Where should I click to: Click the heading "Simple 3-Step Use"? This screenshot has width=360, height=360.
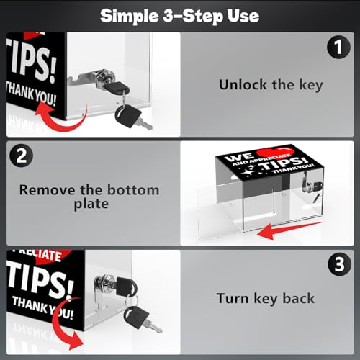point(179,16)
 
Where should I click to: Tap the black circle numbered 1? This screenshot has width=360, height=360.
point(338,47)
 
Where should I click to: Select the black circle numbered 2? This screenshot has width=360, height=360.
point(22,156)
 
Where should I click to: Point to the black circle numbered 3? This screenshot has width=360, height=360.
point(339,264)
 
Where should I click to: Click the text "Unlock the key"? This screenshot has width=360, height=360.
point(271,85)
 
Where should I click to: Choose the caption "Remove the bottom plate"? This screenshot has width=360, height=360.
point(89,197)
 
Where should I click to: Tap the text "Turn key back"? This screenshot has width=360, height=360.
point(266,299)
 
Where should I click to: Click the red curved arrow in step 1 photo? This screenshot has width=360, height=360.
point(63,122)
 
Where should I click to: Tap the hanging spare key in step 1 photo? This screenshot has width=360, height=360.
point(131,117)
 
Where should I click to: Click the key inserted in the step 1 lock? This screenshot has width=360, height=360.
point(117,87)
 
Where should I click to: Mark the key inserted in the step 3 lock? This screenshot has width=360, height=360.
point(127,287)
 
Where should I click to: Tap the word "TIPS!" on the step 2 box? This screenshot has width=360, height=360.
point(284,163)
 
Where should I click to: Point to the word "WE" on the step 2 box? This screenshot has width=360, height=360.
point(238,158)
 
